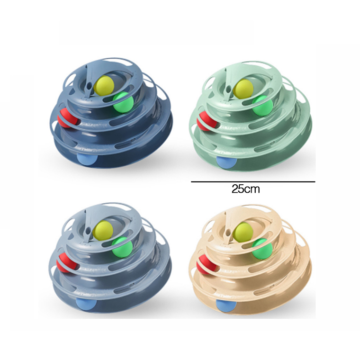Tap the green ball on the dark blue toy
point(123,102)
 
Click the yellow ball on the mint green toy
point(243,89)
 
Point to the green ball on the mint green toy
point(262,105)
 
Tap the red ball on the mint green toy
point(206,121)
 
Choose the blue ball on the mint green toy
point(226,162)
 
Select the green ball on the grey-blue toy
point(123,247)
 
